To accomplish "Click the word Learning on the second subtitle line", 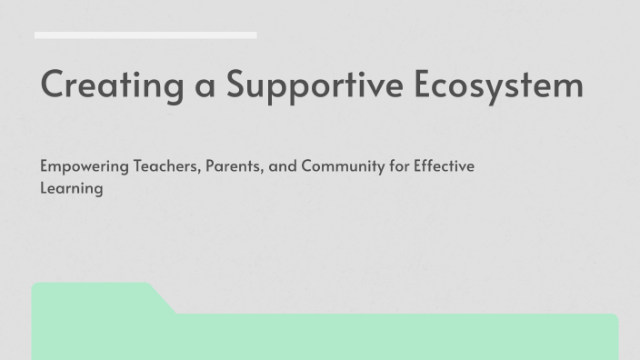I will pyautogui.click(x=71, y=189).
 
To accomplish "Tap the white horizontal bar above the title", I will pyautogui.click(x=145, y=35).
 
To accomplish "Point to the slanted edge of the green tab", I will pyautogui.click(x=163, y=299).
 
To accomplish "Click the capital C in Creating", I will pyautogui.click(x=54, y=85).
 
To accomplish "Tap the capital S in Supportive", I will pyautogui.click(x=238, y=85).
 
